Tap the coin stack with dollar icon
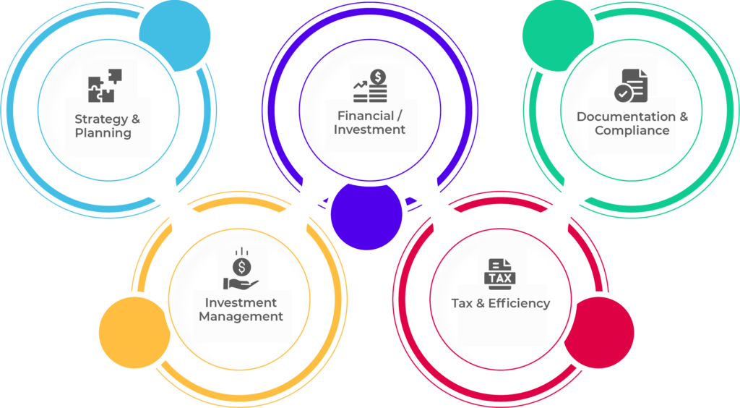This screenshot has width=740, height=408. [x=371, y=85]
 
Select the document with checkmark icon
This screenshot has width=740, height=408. [x=631, y=86]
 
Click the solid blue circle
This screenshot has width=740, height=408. [x=174, y=35]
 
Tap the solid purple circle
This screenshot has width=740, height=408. [x=366, y=214]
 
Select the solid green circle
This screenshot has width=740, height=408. [x=557, y=34]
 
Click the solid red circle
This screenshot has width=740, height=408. [x=598, y=331]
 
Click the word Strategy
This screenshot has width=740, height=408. [x=96, y=119]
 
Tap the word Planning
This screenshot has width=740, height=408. [x=103, y=133]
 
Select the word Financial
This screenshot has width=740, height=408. [x=365, y=116]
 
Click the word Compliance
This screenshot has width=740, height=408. [x=632, y=131]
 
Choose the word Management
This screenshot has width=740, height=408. [x=241, y=316]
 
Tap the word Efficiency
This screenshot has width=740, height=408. [x=519, y=303]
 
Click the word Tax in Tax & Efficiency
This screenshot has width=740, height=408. [x=462, y=303]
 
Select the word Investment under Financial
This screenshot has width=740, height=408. [x=369, y=130]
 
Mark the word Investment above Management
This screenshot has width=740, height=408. [x=241, y=302]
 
